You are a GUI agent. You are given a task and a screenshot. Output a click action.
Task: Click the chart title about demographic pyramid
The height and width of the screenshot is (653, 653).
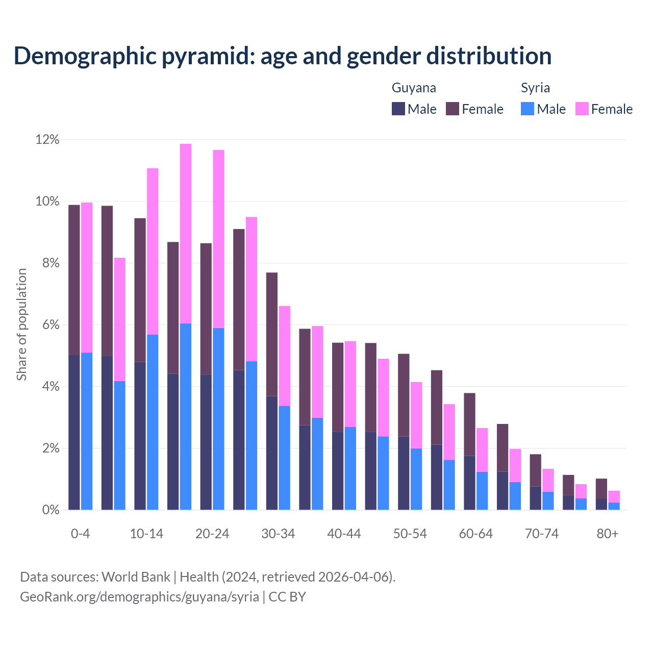(x=283, y=56)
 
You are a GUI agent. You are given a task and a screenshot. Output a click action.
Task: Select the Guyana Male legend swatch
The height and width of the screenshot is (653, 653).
(x=398, y=109)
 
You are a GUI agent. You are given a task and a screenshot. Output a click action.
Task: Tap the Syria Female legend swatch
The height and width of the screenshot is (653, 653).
(x=582, y=109)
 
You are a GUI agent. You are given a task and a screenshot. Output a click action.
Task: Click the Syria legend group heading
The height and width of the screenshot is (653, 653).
(x=535, y=88)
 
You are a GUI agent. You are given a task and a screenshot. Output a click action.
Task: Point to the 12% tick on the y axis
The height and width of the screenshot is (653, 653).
(x=47, y=140)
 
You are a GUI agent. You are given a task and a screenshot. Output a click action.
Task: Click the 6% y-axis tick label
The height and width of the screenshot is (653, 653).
(x=50, y=325)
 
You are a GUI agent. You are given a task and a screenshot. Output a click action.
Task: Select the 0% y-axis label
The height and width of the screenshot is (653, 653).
(x=50, y=510)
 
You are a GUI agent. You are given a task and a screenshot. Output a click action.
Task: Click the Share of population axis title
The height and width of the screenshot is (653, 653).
(x=21, y=324)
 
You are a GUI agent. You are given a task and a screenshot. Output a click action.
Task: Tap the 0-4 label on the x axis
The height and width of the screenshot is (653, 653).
(x=80, y=534)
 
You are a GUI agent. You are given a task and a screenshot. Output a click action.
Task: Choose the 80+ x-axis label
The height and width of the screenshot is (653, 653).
(x=608, y=534)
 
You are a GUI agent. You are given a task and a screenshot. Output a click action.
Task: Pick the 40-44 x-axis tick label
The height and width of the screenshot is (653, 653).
(x=344, y=534)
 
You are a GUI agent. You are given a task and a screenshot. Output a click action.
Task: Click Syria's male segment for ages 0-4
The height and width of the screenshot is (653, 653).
(x=87, y=431)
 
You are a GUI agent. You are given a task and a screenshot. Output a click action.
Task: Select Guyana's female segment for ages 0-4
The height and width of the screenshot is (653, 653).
(x=74, y=280)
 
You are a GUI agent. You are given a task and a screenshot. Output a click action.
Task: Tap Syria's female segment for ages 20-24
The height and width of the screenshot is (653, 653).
(x=218, y=239)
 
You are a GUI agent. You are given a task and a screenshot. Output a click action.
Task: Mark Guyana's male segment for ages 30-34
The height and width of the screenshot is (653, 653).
(x=272, y=453)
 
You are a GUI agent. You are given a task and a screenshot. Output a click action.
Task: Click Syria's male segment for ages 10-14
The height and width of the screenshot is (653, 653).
(x=153, y=422)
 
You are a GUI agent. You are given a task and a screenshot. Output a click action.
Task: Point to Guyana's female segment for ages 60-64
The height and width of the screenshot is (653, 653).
(x=469, y=424)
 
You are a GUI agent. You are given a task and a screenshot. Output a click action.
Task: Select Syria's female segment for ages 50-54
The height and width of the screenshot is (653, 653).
(x=416, y=415)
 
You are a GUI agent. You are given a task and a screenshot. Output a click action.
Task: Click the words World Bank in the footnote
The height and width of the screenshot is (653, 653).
(x=136, y=577)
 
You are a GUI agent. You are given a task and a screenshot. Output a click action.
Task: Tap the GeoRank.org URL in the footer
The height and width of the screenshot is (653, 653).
(x=139, y=597)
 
